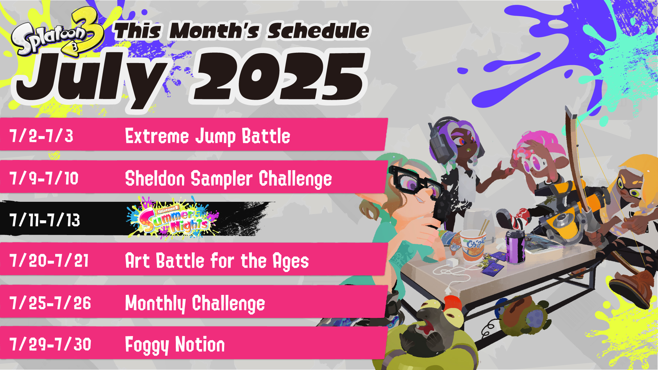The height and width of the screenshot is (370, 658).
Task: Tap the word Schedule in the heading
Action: click(x=318, y=31)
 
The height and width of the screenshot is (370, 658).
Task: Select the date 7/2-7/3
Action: click(x=41, y=136)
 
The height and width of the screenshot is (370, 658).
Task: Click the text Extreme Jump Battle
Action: click(x=208, y=136)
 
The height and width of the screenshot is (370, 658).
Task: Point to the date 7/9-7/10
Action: click(x=44, y=178)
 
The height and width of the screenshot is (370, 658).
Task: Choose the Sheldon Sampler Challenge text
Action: click(x=228, y=178)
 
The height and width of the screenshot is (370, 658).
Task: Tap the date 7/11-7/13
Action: click(x=45, y=220)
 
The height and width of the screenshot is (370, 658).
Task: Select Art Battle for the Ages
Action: click(x=217, y=261)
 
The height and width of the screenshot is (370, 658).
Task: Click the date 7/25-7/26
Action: click(x=50, y=303)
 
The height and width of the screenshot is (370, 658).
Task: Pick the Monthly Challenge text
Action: click(x=195, y=304)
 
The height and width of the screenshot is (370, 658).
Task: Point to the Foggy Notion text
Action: click(x=175, y=345)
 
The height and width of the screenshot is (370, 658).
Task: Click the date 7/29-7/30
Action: click(x=50, y=344)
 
